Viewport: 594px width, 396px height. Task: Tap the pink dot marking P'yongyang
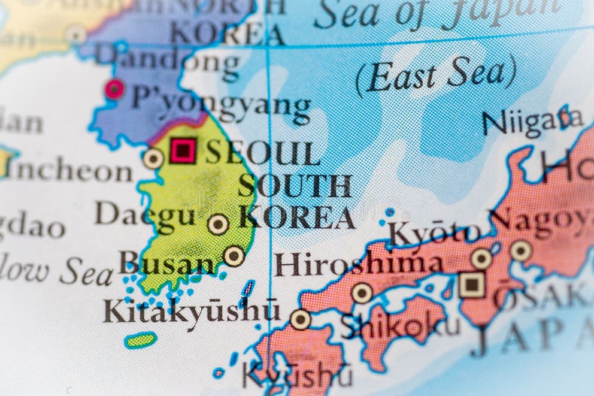(114, 89)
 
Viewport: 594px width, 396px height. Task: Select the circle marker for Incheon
(153, 159)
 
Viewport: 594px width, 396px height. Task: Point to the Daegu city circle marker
(218, 224)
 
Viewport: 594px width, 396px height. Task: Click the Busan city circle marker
(234, 256)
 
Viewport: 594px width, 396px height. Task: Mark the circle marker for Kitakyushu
(300, 319)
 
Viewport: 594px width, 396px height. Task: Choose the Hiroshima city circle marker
(362, 292)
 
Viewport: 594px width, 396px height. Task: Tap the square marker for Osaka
(472, 285)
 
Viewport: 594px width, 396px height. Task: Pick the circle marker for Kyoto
(481, 258)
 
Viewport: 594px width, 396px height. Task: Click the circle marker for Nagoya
(520, 250)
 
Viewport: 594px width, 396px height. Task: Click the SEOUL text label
(262, 153)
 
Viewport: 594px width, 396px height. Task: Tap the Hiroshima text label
(359, 264)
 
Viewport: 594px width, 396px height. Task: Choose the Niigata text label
(532, 122)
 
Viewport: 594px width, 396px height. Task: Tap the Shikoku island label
(400, 327)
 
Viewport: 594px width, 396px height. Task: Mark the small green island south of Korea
(141, 340)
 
